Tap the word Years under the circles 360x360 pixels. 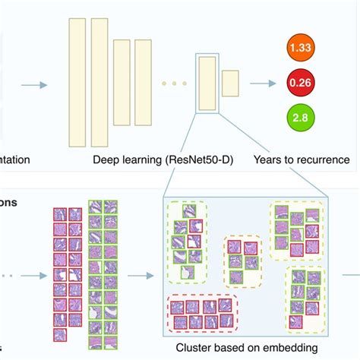point(270,160)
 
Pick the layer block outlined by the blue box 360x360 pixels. point(207,84)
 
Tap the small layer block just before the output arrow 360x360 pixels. point(230,84)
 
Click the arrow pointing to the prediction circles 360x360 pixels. point(263,84)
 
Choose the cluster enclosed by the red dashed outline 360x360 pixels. point(201,314)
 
